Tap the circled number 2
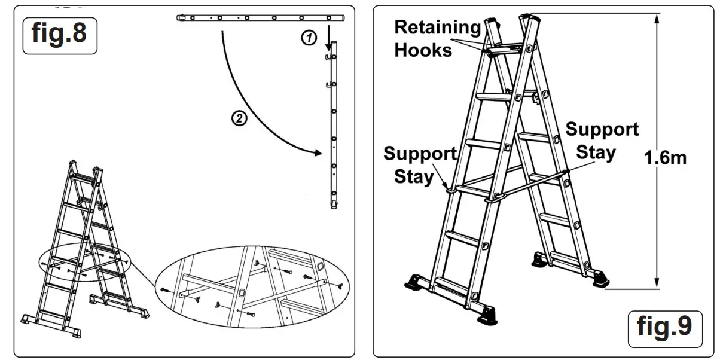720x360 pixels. click(239, 118)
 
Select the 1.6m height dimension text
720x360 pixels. click(666, 158)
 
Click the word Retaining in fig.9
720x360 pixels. click(438, 28)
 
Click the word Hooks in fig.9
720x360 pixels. click(423, 50)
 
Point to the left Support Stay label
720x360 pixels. click(420, 165)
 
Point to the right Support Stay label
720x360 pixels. click(602, 141)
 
